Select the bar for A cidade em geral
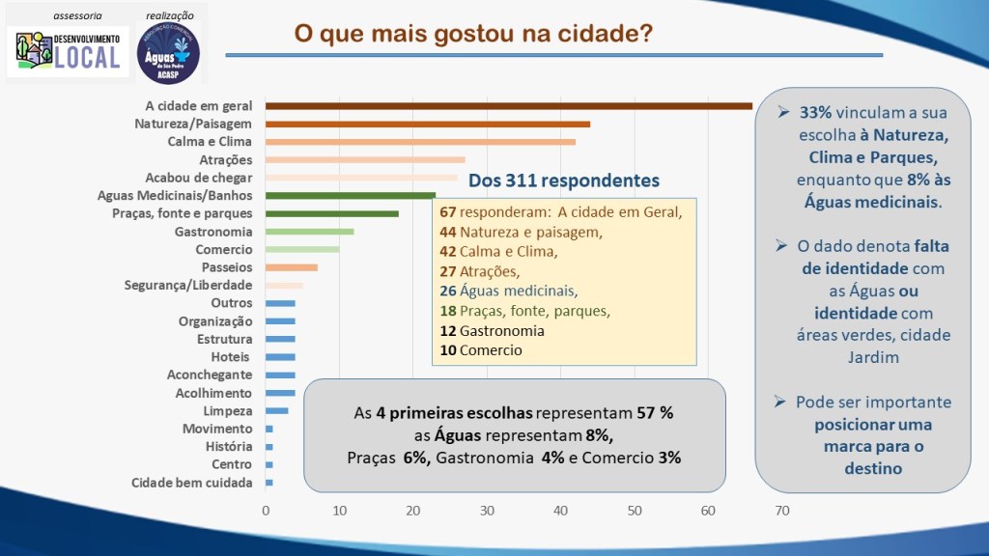click(508, 105)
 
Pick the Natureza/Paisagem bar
click(427, 124)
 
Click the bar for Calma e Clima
click(420, 142)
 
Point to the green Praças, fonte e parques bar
click(331, 213)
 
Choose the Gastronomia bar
click(309, 232)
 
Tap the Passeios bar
click(291, 267)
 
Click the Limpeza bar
click(276, 411)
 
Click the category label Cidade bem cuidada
click(191, 483)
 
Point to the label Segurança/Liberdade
click(188, 286)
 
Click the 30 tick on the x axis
click(487, 511)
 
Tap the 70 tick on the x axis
click(781, 511)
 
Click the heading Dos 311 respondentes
click(563, 181)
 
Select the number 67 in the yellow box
click(447, 212)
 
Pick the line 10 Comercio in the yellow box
click(480, 350)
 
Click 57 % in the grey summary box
click(655, 412)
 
